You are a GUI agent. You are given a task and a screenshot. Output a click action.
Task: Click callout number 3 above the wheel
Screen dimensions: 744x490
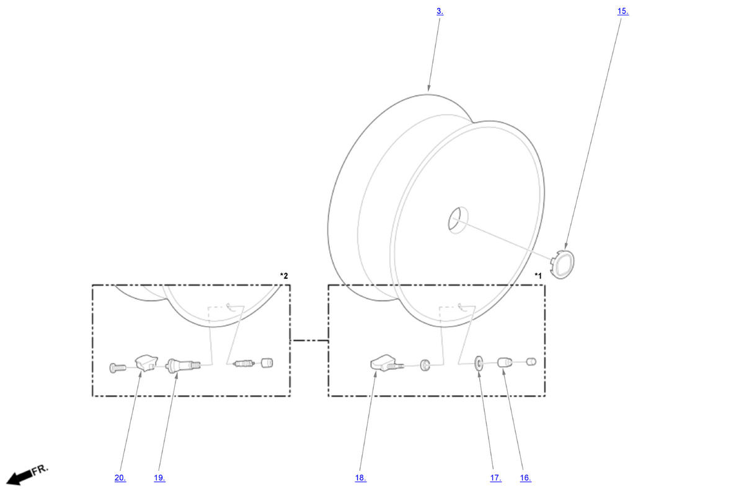(440, 11)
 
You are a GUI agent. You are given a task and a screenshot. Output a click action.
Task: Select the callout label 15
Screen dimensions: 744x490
(622, 11)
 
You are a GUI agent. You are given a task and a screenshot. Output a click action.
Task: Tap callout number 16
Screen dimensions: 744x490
(526, 478)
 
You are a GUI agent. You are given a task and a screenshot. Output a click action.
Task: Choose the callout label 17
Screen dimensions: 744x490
(496, 478)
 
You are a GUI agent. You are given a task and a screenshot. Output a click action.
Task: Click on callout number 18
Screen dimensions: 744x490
(361, 478)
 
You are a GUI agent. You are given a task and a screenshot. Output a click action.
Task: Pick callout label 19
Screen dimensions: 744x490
(159, 478)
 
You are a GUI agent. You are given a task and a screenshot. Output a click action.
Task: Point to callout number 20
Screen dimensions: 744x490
(120, 478)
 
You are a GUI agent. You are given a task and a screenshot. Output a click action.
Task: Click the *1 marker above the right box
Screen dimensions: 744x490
(538, 276)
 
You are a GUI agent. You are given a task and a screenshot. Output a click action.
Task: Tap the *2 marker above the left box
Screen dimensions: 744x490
(284, 276)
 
